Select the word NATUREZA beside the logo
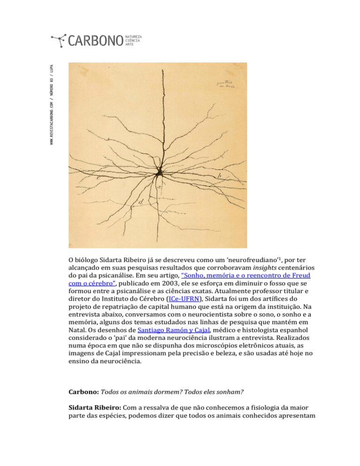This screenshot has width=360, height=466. pyautogui.click(x=133, y=36)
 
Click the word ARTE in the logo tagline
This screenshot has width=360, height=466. pyautogui.click(x=129, y=45)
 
